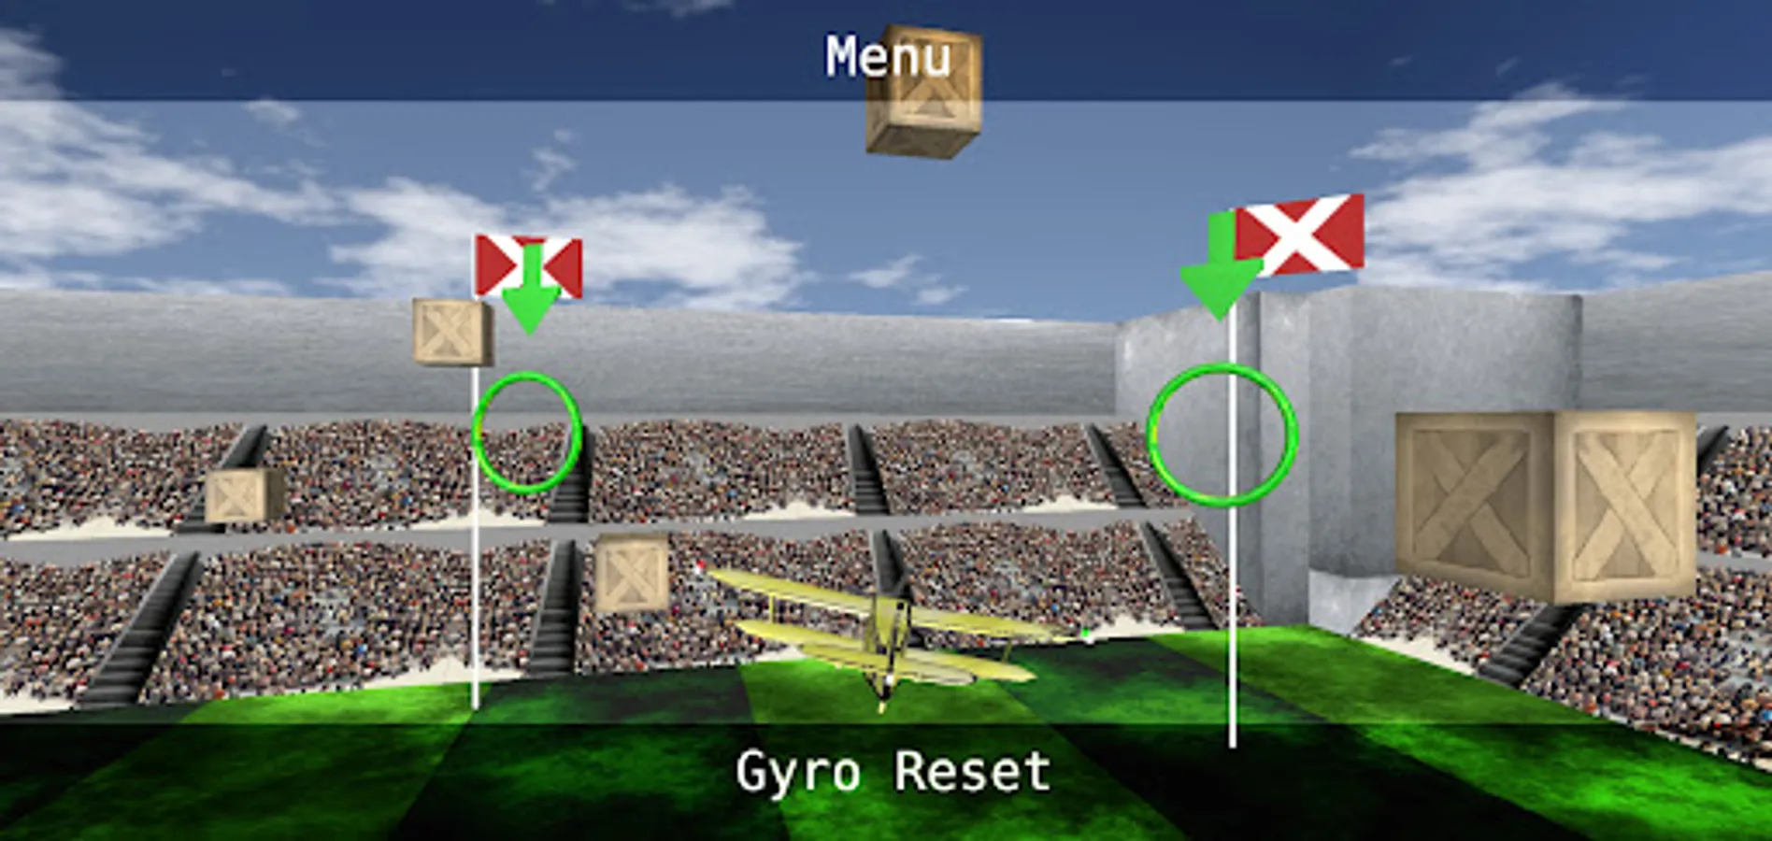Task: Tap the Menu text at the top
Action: tap(887, 57)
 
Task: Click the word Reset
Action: tap(972, 772)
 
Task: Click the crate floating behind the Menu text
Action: tap(923, 92)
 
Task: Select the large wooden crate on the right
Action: tap(1546, 506)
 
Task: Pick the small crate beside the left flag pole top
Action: tap(452, 332)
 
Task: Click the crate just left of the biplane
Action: tap(631, 572)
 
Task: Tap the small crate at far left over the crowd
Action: tap(244, 495)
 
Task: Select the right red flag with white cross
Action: tap(1299, 235)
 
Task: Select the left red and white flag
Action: tap(529, 266)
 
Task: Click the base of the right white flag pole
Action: tap(1232, 745)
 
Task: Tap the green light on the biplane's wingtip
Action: tap(1087, 634)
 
